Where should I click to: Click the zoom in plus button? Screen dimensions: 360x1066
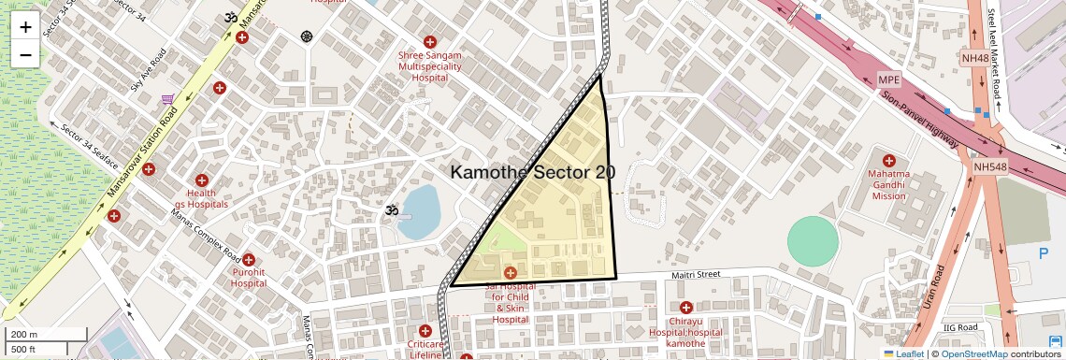click(x=25, y=27)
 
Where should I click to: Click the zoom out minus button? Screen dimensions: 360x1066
click(x=25, y=55)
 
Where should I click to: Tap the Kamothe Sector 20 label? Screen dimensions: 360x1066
click(x=533, y=172)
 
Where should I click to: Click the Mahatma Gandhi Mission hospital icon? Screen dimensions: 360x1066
click(x=888, y=161)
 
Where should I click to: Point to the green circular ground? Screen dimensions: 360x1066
click(x=813, y=241)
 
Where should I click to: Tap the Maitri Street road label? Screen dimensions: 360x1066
click(x=696, y=275)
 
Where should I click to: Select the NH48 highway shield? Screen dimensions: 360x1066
click(x=974, y=58)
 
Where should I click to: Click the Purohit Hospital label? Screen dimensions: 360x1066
click(x=249, y=277)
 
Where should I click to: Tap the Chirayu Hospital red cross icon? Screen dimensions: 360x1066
click(x=686, y=308)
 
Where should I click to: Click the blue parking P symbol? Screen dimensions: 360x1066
click(x=1044, y=253)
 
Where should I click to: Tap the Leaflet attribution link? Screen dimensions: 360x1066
click(x=904, y=353)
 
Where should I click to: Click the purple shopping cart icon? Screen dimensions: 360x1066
click(x=167, y=99)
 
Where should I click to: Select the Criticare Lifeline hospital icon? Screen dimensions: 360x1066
click(x=425, y=331)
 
